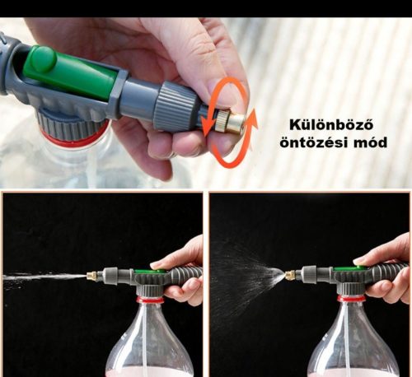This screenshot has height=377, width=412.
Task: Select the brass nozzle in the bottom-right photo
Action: pyautogui.click(x=290, y=272)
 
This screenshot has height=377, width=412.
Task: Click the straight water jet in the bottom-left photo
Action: pyautogui.click(x=41, y=276)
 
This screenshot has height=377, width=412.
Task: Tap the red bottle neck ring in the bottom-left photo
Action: pyautogui.click(x=150, y=300)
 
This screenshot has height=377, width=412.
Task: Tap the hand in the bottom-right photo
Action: pyautogui.click(x=387, y=272)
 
